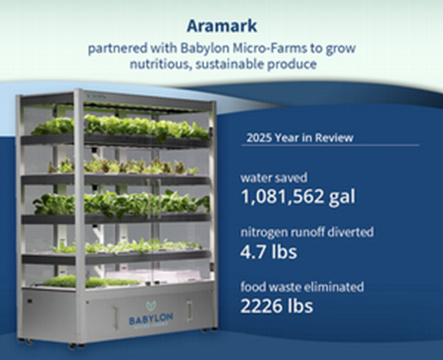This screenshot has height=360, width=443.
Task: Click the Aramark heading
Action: point(221,25)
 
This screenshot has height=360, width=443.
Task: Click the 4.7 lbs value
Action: point(267,252)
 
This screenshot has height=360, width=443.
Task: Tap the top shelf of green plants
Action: point(120,126)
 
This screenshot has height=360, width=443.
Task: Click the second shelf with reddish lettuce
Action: point(120,166)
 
